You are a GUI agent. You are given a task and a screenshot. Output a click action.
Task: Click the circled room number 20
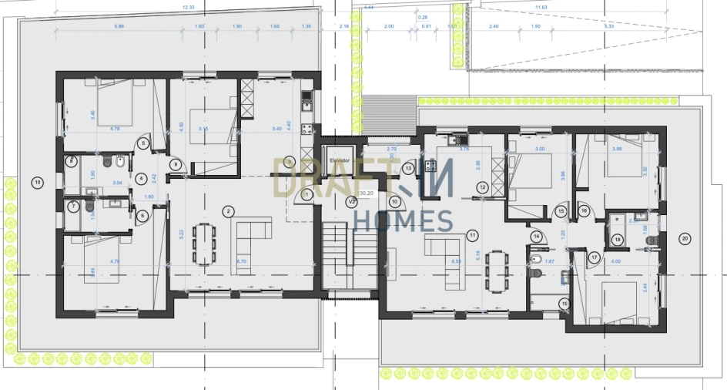pyautogui.click(x=685, y=239)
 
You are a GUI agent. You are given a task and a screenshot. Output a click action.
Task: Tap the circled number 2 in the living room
pyautogui.click(x=228, y=210)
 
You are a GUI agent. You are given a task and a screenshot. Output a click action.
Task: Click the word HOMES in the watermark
pyautogui.click(x=402, y=222)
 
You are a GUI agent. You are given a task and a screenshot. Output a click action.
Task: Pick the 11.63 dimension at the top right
pyautogui.click(x=541, y=7)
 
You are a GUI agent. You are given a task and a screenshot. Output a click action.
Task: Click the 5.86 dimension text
pyautogui.click(x=119, y=26)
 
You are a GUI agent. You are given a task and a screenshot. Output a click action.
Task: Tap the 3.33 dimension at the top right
pyautogui.click(x=609, y=26)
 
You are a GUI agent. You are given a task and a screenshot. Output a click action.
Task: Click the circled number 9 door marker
pyautogui.click(x=176, y=163)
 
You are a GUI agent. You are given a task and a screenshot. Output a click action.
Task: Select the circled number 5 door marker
pyautogui.click(x=144, y=143)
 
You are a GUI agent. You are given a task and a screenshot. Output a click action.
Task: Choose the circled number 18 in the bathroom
pyautogui.click(x=617, y=240)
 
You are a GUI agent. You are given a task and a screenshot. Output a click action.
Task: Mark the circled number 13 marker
pyautogui.click(x=409, y=168)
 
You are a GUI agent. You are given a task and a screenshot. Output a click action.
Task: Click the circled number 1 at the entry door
pyautogui.click(x=307, y=195)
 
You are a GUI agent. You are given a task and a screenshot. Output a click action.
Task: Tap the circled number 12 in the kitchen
pyautogui.click(x=482, y=187)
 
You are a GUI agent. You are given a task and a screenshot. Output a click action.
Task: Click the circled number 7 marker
pyautogui.click(x=72, y=207)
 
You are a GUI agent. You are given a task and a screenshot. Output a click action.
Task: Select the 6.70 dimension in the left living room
pyautogui.click(x=241, y=261)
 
